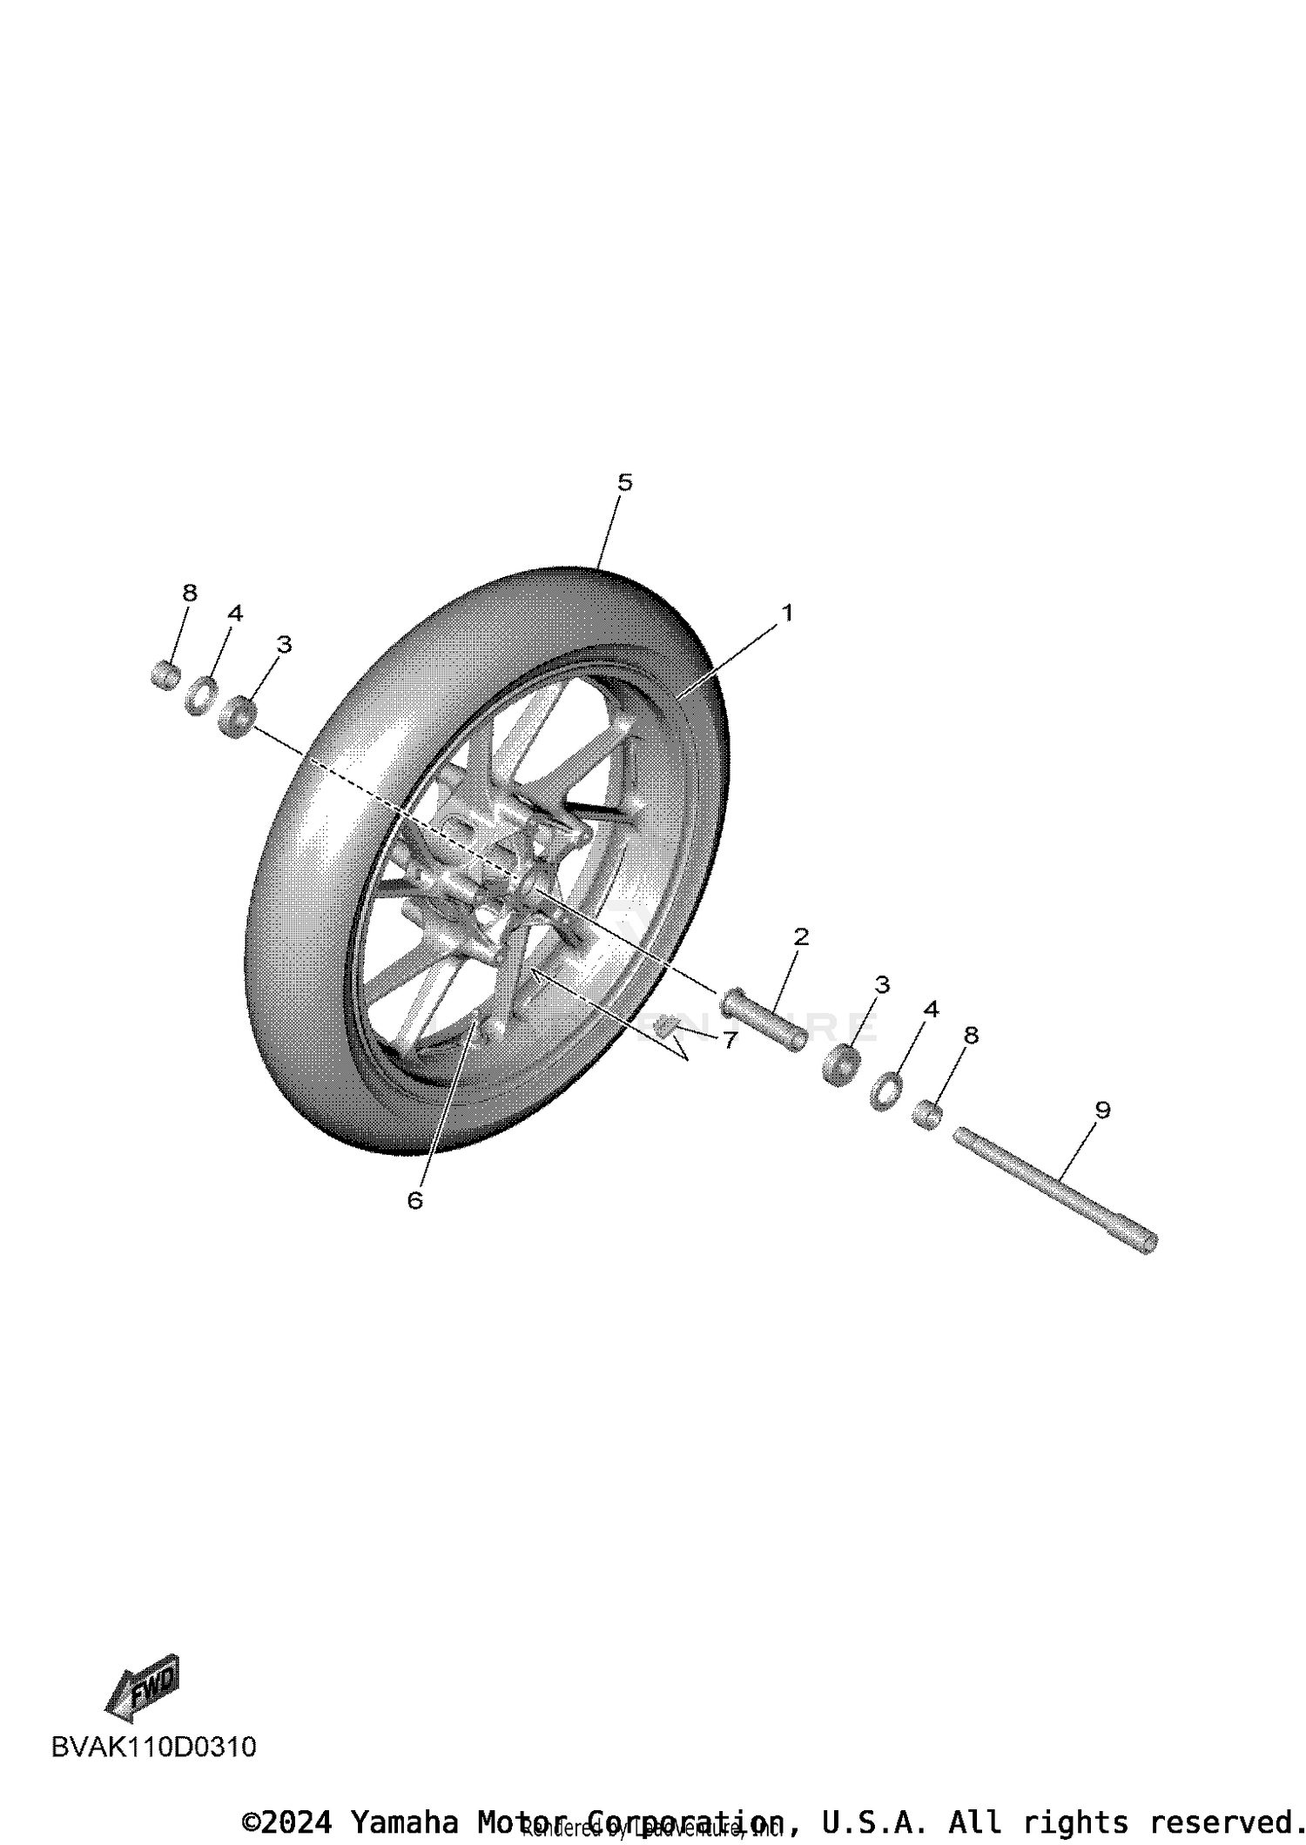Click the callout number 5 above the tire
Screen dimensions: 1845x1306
[624, 482]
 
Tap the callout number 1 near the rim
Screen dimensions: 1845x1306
[787, 613]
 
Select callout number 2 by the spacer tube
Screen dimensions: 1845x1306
[801, 936]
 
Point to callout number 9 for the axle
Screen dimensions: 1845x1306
[1102, 1110]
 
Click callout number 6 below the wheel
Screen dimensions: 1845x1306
[414, 1200]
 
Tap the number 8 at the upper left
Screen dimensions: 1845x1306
[190, 593]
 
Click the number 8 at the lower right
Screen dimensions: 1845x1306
[972, 1035]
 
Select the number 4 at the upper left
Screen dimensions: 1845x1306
[235, 614]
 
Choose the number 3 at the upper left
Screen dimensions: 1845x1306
[284, 644]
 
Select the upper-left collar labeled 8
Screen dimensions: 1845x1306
[165, 674]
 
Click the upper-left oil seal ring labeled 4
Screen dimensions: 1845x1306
[202, 695]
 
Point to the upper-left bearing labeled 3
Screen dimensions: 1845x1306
[237, 715]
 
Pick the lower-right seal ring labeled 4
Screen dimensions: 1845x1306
[885, 1091]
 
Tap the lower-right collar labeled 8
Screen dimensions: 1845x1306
[926, 1115]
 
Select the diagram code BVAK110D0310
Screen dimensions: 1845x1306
[154, 1747]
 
